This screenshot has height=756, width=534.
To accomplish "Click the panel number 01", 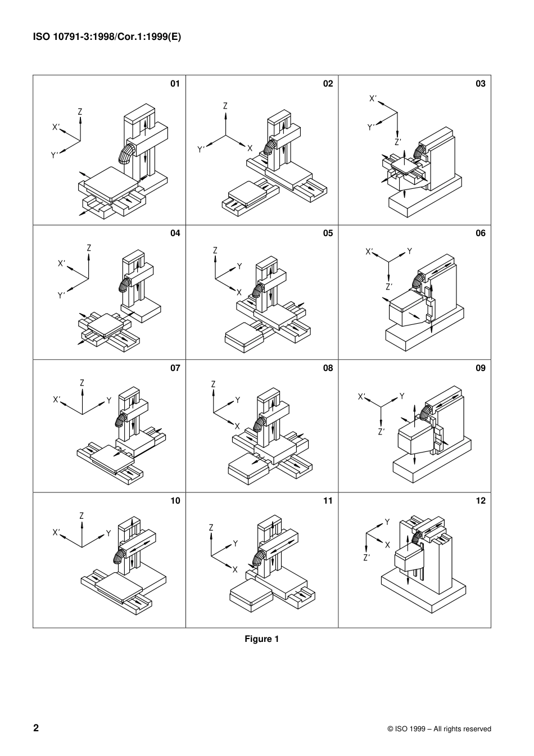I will (x=175, y=84).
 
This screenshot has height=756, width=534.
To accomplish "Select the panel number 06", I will (x=480, y=233).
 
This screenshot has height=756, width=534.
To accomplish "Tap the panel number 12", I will (x=480, y=501).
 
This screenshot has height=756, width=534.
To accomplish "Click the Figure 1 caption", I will (x=261, y=639).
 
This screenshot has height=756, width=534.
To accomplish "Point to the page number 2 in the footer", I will (x=37, y=728).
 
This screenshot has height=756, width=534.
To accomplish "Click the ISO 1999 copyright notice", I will (x=439, y=729).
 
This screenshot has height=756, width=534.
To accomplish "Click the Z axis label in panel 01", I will (x=80, y=112).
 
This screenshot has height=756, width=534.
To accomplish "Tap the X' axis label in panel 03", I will (x=373, y=98).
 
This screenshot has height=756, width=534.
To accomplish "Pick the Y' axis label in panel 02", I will (x=201, y=150).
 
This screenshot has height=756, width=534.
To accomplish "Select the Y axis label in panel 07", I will (x=109, y=401).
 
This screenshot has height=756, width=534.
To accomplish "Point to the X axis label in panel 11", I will (x=235, y=569).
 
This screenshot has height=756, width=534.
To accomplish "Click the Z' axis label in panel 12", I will (x=366, y=558).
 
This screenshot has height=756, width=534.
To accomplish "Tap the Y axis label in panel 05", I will (x=239, y=266).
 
